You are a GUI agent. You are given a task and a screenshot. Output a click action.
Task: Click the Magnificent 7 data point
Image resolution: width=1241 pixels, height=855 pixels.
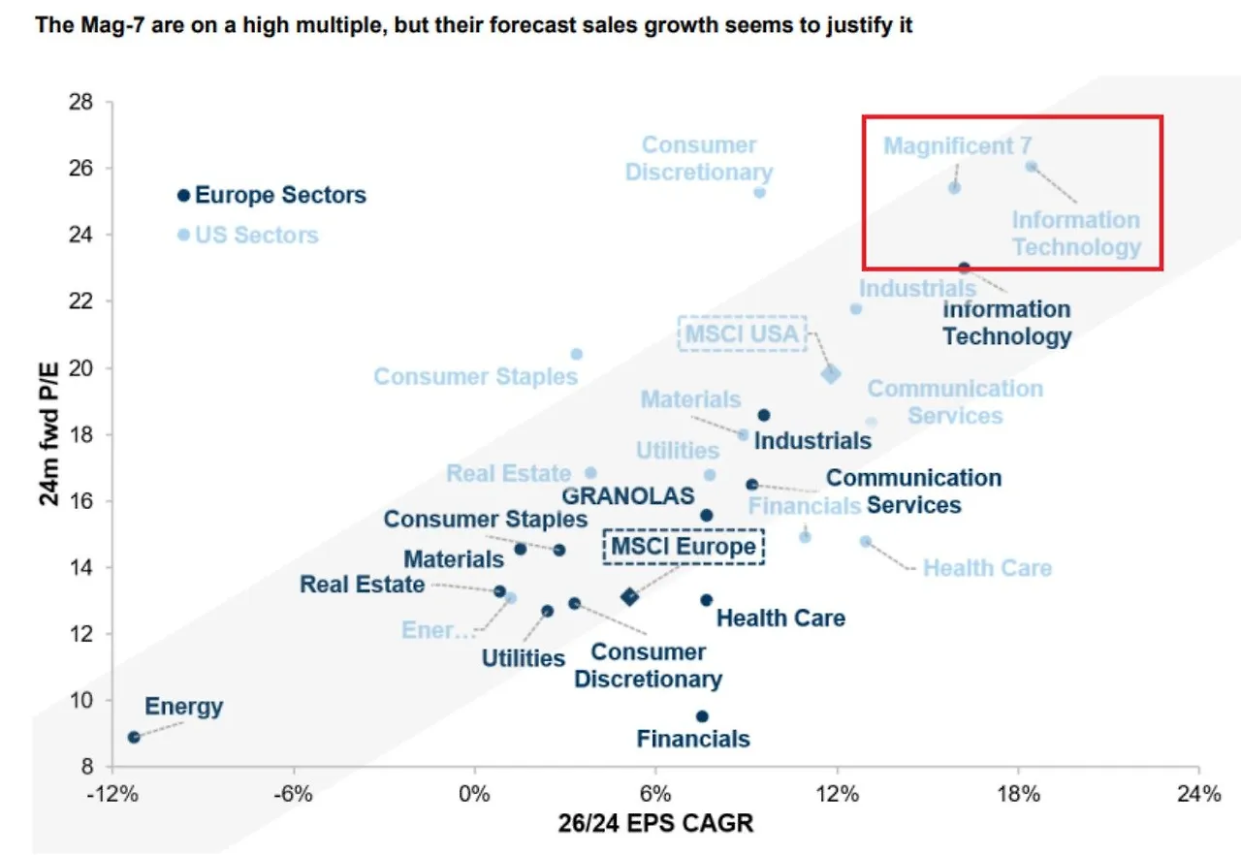click(x=954, y=187)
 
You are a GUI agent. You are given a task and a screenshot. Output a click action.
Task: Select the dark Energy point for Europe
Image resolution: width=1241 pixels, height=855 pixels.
click(x=134, y=737)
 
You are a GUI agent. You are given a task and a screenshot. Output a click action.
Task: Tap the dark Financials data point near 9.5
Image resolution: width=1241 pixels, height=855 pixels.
click(x=702, y=716)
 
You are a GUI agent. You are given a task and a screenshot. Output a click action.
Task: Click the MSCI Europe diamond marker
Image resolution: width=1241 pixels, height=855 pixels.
click(x=629, y=596)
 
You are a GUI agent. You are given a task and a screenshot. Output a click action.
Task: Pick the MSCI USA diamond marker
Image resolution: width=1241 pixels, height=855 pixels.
click(x=831, y=374)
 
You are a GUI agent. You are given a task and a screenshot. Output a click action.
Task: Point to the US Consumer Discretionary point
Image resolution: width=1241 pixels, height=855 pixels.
click(x=759, y=192)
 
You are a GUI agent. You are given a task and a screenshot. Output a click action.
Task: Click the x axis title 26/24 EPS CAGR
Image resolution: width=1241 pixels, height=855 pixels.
click(x=655, y=824)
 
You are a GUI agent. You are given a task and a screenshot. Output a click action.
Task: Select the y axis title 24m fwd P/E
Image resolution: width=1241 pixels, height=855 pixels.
click(x=48, y=431)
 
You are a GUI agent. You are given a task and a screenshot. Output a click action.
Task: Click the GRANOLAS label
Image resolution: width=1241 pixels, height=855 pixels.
click(x=628, y=495)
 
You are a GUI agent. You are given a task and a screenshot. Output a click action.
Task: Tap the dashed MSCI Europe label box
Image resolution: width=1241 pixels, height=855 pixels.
click(x=684, y=547)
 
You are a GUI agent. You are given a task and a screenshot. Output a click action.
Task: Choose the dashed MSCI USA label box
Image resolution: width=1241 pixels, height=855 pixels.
click(x=743, y=333)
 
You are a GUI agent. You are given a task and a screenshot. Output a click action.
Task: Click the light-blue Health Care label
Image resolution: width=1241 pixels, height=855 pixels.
click(x=987, y=568)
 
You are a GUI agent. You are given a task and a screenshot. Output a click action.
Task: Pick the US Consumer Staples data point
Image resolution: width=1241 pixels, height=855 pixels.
click(x=576, y=354)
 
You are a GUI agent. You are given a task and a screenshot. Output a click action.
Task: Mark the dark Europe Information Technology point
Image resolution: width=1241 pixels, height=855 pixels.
click(x=964, y=268)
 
